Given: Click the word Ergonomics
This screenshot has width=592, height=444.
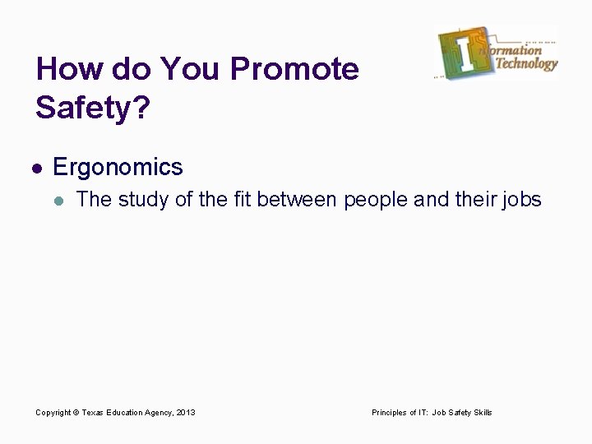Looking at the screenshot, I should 118,168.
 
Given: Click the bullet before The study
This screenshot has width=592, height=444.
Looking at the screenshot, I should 57,200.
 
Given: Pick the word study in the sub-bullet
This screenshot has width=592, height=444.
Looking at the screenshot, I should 144,200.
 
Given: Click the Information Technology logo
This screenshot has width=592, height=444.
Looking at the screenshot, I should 497,53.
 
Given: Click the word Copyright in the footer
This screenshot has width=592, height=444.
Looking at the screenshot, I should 53,413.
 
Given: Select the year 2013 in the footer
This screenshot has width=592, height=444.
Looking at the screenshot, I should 186,413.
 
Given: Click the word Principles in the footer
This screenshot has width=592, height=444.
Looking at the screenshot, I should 390,413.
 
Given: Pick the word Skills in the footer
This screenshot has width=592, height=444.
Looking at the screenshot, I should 483,413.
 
